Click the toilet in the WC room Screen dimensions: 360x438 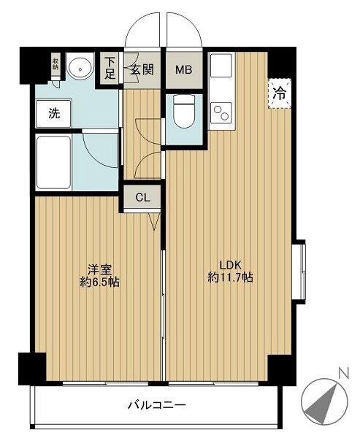click(x=184, y=111)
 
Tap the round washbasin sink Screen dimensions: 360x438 click(x=80, y=68)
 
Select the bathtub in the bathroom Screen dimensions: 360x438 click(x=53, y=162)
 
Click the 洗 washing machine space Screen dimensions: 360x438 click(x=54, y=113)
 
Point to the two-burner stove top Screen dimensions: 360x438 click(x=221, y=112)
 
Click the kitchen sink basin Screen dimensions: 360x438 click(x=221, y=65)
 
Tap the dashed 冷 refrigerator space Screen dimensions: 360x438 click(x=280, y=93)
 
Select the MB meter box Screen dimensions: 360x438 click(x=183, y=69)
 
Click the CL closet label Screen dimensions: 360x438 click(x=142, y=198)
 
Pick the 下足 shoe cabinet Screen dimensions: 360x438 click(x=110, y=68)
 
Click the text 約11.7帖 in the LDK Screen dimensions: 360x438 click(x=230, y=277)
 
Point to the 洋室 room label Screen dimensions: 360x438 click(x=100, y=270)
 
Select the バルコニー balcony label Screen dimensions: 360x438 click(x=157, y=404)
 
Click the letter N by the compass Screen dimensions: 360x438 click(x=344, y=373)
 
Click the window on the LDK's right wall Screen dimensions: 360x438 click(x=301, y=272)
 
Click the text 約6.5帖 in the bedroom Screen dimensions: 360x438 click(x=100, y=283)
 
